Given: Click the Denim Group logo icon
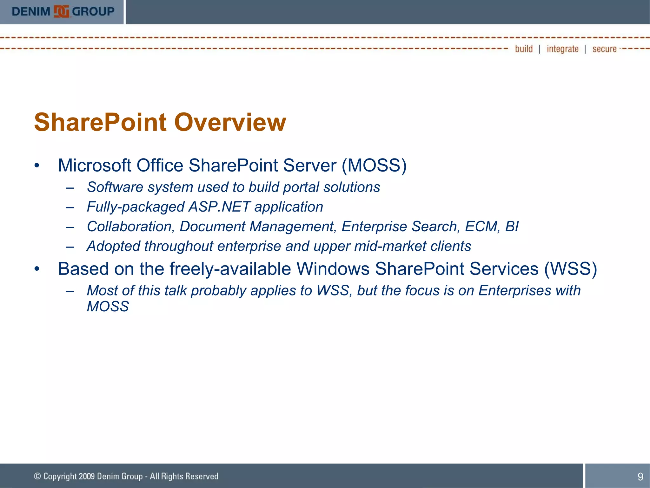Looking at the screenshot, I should (61, 12).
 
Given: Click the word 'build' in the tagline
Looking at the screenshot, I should (524, 49).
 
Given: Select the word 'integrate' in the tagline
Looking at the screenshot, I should (562, 49).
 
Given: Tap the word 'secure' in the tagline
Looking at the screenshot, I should (604, 49).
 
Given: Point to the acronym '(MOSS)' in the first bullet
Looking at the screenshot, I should (374, 166).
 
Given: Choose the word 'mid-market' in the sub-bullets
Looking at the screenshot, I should (390, 246).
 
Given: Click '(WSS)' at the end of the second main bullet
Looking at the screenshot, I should (570, 269).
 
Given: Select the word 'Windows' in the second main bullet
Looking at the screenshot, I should (333, 269).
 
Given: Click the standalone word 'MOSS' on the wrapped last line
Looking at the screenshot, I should (108, 307).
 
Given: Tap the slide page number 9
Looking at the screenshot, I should (640, 476).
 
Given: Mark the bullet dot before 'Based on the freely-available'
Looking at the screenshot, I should (37, 269).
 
